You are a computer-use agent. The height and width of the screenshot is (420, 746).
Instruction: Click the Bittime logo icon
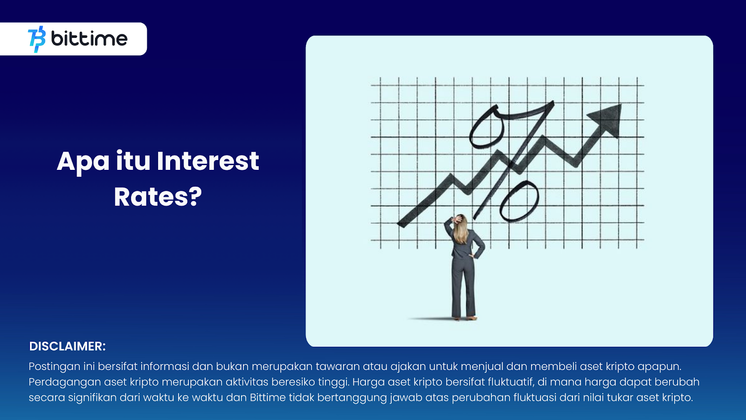[x=37, y=39]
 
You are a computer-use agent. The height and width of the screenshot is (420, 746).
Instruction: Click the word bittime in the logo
[x=89, y=39]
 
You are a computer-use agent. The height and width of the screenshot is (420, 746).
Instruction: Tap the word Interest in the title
[x=208, y=161]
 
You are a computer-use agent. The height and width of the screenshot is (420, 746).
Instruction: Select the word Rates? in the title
[x=158, y=197]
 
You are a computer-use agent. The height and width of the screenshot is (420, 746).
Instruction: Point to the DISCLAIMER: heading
[x=67, y=346]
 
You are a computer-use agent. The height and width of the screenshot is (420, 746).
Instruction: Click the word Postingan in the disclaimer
[x=55, y=367]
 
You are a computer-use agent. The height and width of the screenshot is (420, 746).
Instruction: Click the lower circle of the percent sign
[x=519, y=201]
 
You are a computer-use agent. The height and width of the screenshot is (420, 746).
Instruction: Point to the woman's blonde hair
[x=461, y=229]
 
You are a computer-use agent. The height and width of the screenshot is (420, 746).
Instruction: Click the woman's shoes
[x=464, y=318]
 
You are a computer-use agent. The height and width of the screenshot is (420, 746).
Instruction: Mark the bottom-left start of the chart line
[x=399, y=224]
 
